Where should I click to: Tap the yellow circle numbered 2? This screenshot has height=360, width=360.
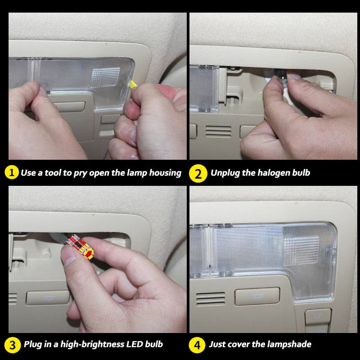pos(198,173)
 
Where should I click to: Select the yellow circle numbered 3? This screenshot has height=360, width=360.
pos(13,345)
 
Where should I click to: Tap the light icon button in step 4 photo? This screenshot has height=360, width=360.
pos(257,296)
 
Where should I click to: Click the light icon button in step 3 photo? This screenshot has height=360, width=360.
pos(47,297)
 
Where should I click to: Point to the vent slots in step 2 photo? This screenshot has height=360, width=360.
pos(218,131)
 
